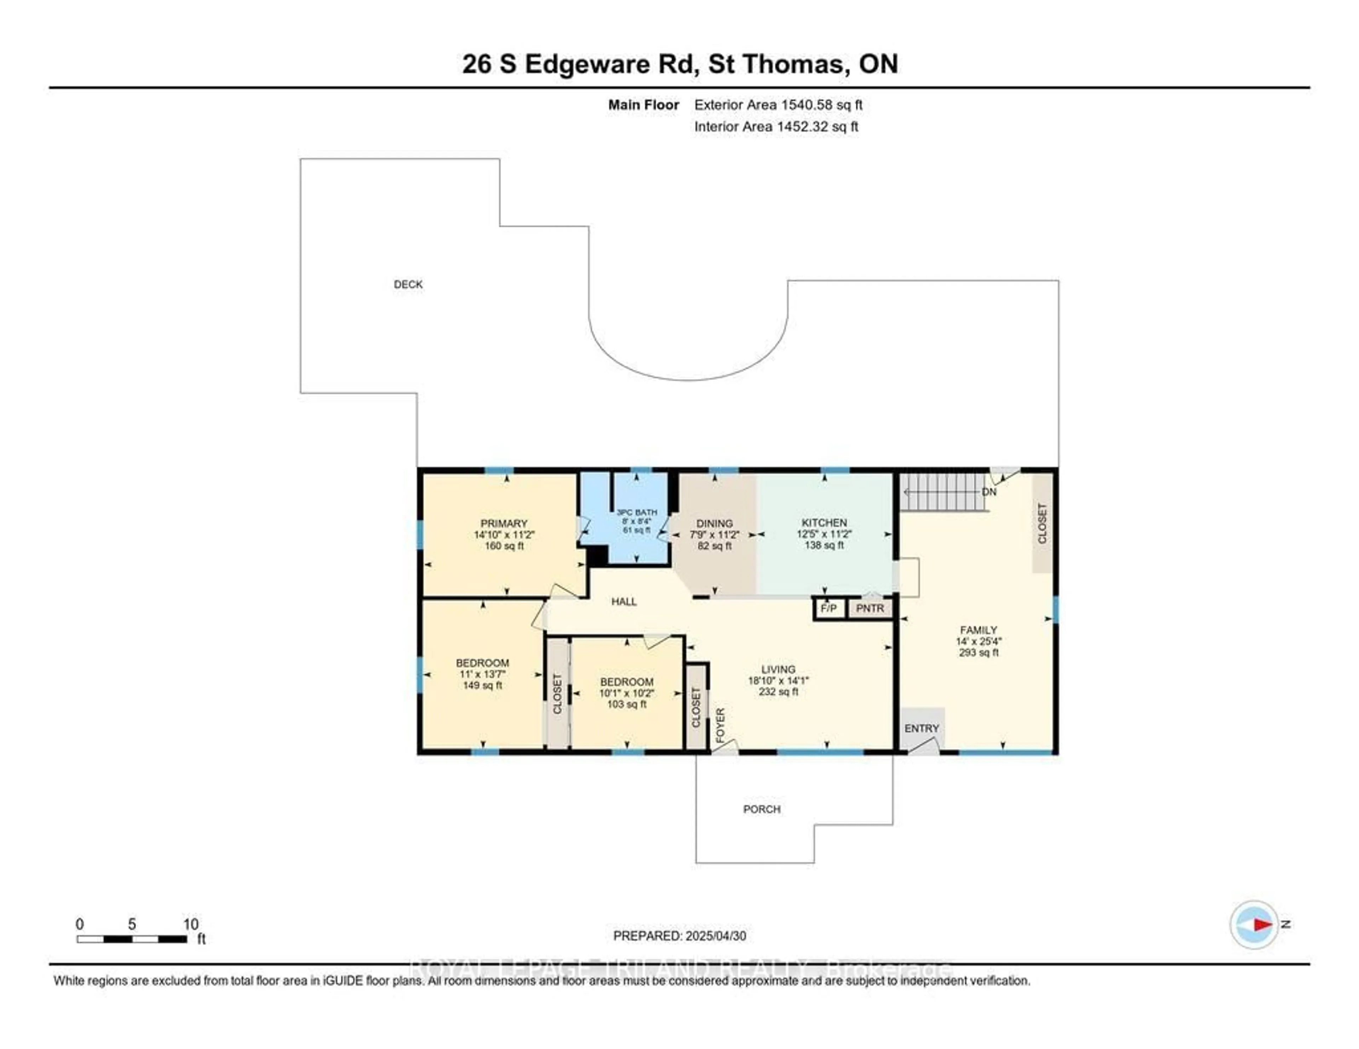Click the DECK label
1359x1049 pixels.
coord(408,284)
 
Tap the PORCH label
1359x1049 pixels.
coord(762,809)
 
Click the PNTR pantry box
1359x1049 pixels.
coord(870,608)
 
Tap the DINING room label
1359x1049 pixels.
coord(714,523)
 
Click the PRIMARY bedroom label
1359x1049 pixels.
coord(504,523)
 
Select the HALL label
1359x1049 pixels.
coord(624,601)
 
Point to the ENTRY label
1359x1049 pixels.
coord(922,728)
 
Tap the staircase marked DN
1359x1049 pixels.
coord(944,492)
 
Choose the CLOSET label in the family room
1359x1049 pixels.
coord(1042,523)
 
